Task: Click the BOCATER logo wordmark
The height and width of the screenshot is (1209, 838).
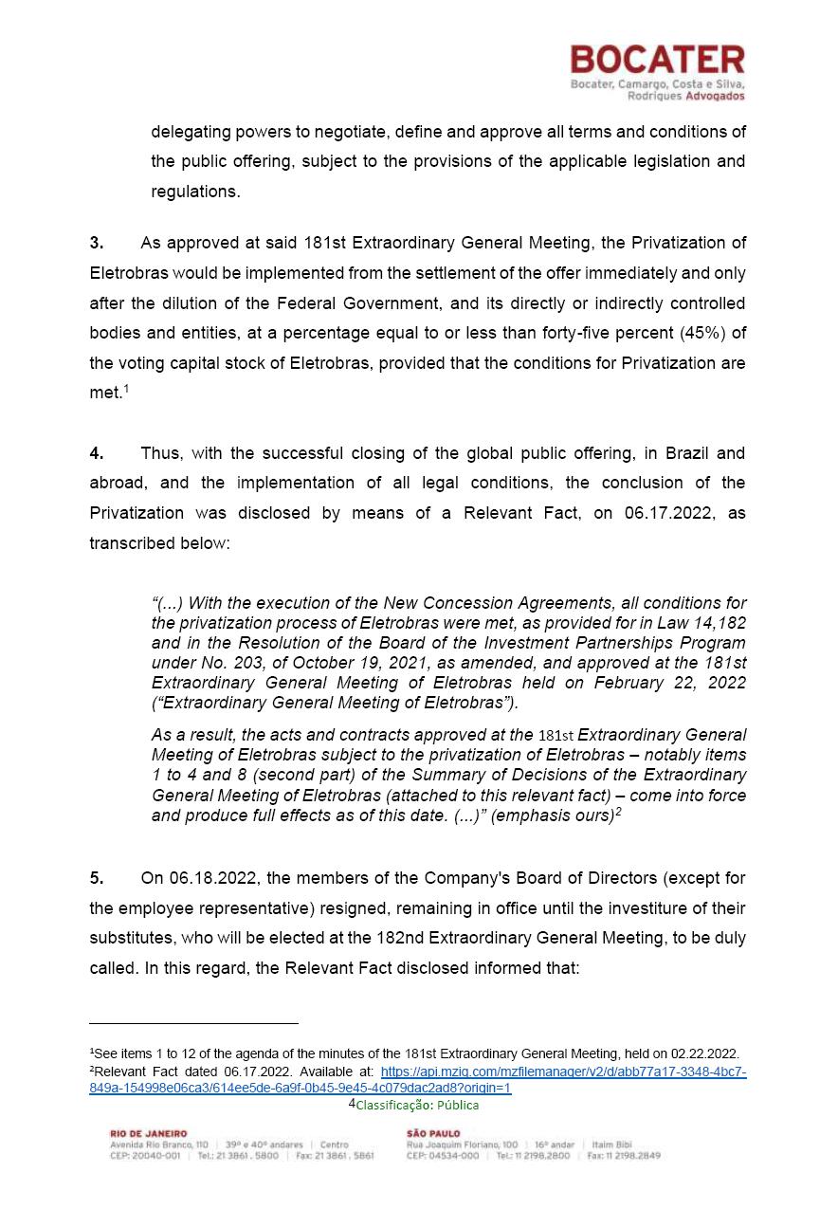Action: point(657,61)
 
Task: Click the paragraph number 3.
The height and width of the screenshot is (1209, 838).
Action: point(96,243)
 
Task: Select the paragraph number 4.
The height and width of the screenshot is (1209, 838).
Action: point(96,453)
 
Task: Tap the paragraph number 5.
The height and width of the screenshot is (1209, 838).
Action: point(96,878)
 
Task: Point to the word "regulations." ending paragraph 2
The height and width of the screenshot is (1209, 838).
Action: point(195,192)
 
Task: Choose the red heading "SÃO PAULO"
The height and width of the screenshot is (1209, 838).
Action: point(433,1133)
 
